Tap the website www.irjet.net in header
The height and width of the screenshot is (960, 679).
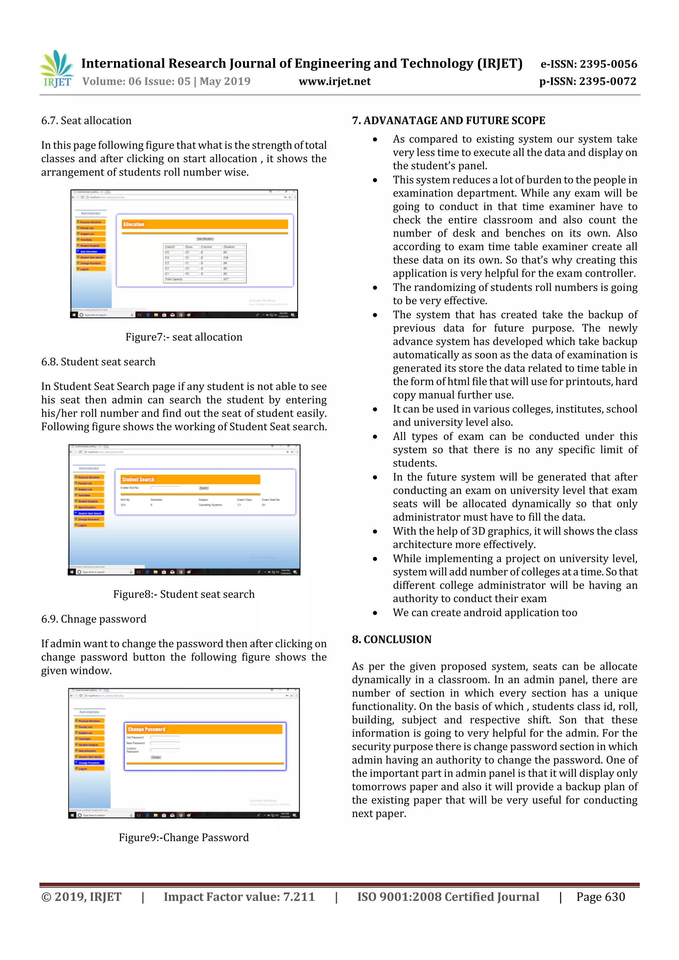pos(334,81)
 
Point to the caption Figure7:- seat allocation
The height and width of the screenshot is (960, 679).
pos(184,337)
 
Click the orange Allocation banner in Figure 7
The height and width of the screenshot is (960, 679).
pos(205,224)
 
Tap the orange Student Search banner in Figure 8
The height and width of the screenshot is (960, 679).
pos(190,480)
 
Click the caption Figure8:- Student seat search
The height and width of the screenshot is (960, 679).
pos(184,594)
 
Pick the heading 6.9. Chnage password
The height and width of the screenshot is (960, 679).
pos(94,619)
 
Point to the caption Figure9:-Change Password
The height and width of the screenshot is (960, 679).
pos(184,837)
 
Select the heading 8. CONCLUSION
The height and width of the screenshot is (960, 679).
pos(391,639)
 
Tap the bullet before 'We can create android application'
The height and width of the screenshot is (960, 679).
pos(375,613)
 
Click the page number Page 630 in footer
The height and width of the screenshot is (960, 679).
pos(600,896)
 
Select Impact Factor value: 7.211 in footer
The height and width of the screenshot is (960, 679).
pos(239,896)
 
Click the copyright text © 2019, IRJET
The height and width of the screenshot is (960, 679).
pos(81,896)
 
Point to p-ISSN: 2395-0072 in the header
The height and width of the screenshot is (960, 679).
pos(587,81)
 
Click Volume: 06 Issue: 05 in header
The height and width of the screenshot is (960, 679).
pos(136,81)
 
